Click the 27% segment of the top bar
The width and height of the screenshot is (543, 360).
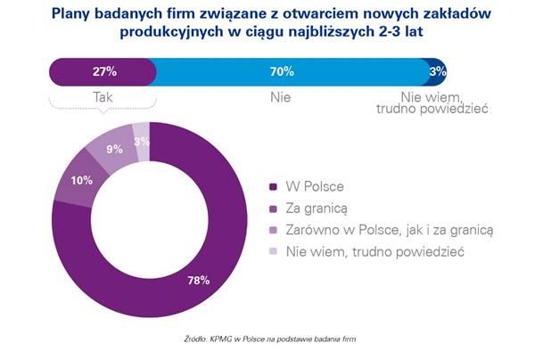tap(103, 70)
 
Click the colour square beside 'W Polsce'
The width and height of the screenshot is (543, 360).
tap(274, 187)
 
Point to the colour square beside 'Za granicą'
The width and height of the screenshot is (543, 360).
tap(274, 209)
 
